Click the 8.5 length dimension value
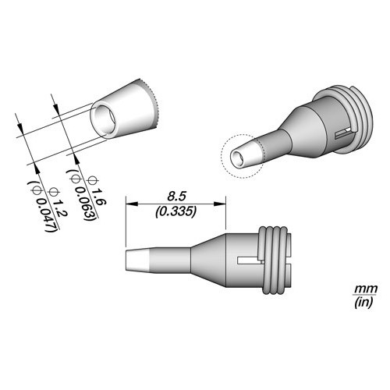176,197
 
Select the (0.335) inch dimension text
175,212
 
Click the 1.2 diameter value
61,207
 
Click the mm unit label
366,289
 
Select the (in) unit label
364,302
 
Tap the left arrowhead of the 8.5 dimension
131,204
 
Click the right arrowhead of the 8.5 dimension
220,204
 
